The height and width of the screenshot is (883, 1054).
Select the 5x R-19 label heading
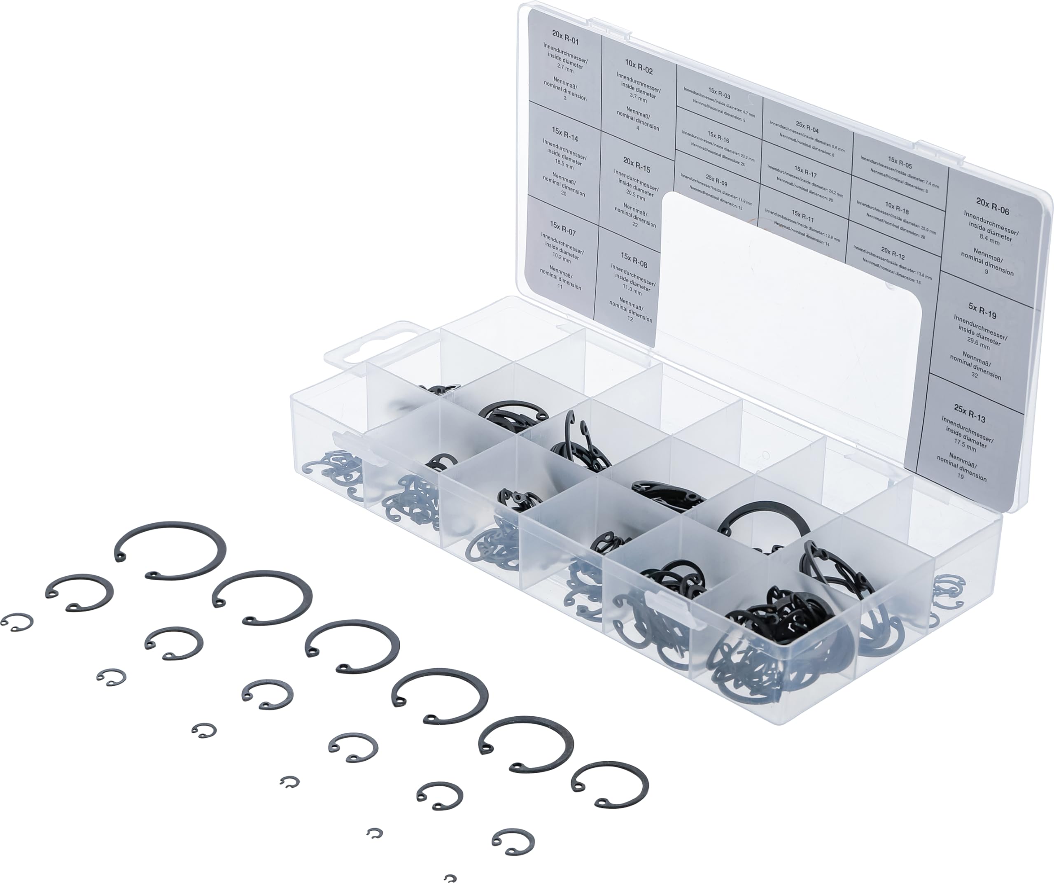982,310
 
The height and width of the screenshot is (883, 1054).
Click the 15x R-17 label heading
805,172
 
